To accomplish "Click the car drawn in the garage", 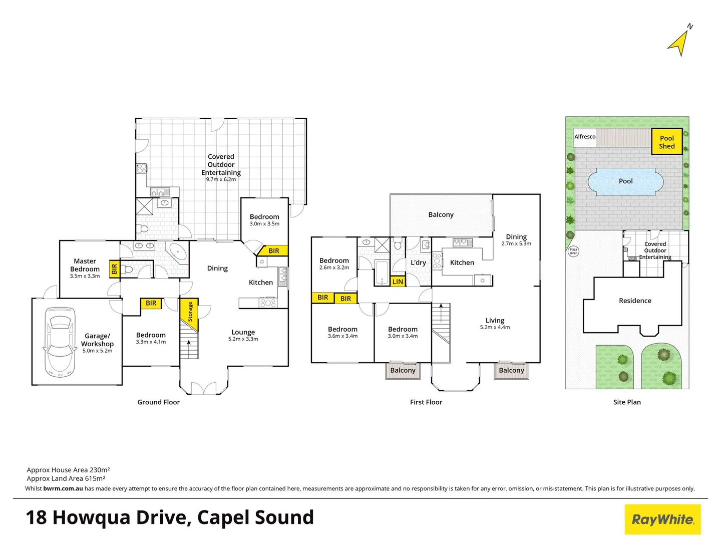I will pyautogui.click(x=60, y=342).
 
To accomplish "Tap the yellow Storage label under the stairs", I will pyautogui.click(x=190, y=312).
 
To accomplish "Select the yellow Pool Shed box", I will pyautogui.click(x=666, y=142).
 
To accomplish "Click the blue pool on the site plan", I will pyautogui.click(x=625, y=181).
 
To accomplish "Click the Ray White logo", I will pyautogui.click(x=662, y=519).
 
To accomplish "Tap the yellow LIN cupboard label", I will pyautogui.click(x=398, y=282).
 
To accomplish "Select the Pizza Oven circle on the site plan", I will pyautogui.click(x=573, y=251).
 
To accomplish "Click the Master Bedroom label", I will pyautogui.click(x=85, y=265).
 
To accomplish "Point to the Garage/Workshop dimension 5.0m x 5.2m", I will pyautogui.click(x=97, y=351).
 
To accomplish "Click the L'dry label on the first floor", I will pyautogui.click(x=418, y=262).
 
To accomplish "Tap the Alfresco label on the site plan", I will pyautogui.click(x=585, y=137).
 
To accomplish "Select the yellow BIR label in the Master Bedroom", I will pyautogui.click(x=114, y=269).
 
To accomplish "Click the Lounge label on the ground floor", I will pyautogui.click(x=243, y=332).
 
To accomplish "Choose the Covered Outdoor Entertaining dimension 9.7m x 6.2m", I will pyautogui.click(x=221, y=179).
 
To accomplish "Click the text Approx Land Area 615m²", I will pyautogui.click(x=66, y=478).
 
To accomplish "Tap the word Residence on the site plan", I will pyautogui.click(x=635, y=301).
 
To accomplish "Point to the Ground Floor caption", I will pyautogui.click(x=158, y=402).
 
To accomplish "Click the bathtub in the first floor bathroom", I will pyautogui.click(x=382, y=273).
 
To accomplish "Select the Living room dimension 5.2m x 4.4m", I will pyautogui.click(x=495, y=327).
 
